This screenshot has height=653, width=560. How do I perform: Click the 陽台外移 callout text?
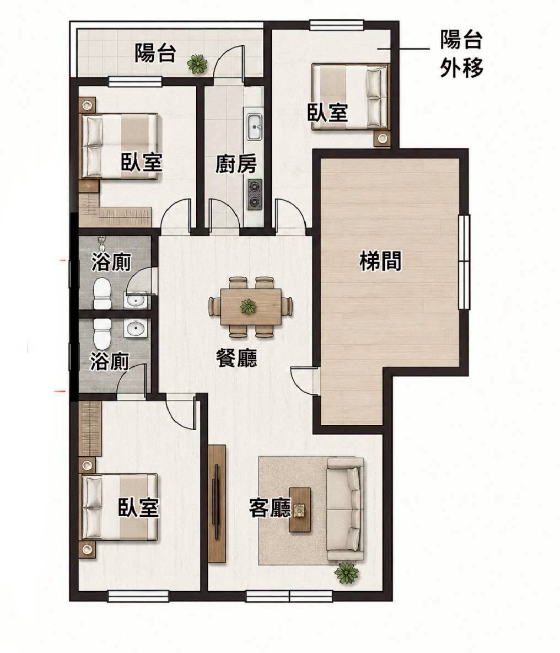pos(461,54)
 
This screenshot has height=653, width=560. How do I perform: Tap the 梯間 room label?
pos(380,262)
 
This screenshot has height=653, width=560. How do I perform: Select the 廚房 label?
pos(235,164)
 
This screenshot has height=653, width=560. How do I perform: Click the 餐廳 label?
pos(236,358)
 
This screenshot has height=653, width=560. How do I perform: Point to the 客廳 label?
pos(270,508)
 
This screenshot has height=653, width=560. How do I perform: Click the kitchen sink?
pos(254,127)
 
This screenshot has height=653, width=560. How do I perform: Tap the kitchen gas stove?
pos(255,195)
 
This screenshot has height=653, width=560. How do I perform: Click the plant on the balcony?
pos(197,64)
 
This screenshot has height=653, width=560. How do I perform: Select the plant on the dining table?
pos(249,307)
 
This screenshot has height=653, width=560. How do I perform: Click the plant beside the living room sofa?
pos(346,572)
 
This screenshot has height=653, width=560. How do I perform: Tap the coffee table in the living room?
pos(300,510)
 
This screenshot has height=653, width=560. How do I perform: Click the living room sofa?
pos(345,509)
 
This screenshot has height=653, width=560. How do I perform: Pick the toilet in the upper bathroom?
pos(101,294)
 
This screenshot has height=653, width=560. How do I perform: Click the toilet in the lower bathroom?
pos(101,334)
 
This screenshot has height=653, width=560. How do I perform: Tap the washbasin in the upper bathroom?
pos(135,300)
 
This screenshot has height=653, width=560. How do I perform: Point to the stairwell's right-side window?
pos(464,261)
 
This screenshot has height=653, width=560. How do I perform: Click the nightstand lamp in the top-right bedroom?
pos(382,138)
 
